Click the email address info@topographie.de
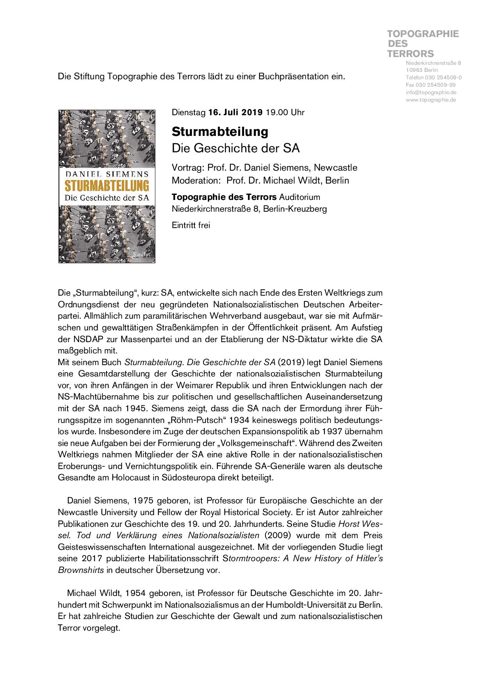[x=431, y=93]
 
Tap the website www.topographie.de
[x=431, y=100]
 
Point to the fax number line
[x=431, y=85]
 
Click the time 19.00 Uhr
[x=285, y=112]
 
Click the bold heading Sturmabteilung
[x=220, y=132]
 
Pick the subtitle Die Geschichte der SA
[x=235, y=148]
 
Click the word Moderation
[x=196, y=180]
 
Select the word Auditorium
[x=299, y=197]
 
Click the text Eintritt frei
[x=191, y=225]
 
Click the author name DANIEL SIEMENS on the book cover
[x=107, y=173]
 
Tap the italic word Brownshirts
[x=81, y=570]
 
